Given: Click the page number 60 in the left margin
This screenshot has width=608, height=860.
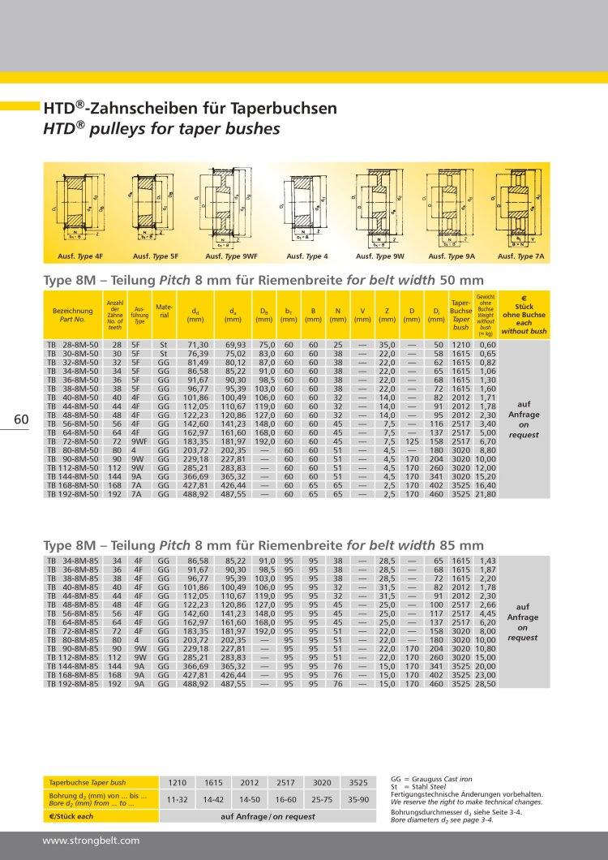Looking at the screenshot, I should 21,419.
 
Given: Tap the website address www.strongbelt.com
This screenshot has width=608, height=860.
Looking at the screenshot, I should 91,841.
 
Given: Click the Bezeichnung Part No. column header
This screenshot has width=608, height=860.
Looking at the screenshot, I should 72,315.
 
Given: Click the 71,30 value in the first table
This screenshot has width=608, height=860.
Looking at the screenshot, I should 198,344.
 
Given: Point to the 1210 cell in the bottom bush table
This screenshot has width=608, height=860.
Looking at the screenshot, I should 178,782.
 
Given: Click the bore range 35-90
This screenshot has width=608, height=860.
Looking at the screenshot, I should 358,799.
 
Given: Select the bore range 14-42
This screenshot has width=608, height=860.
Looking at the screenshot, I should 214,799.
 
